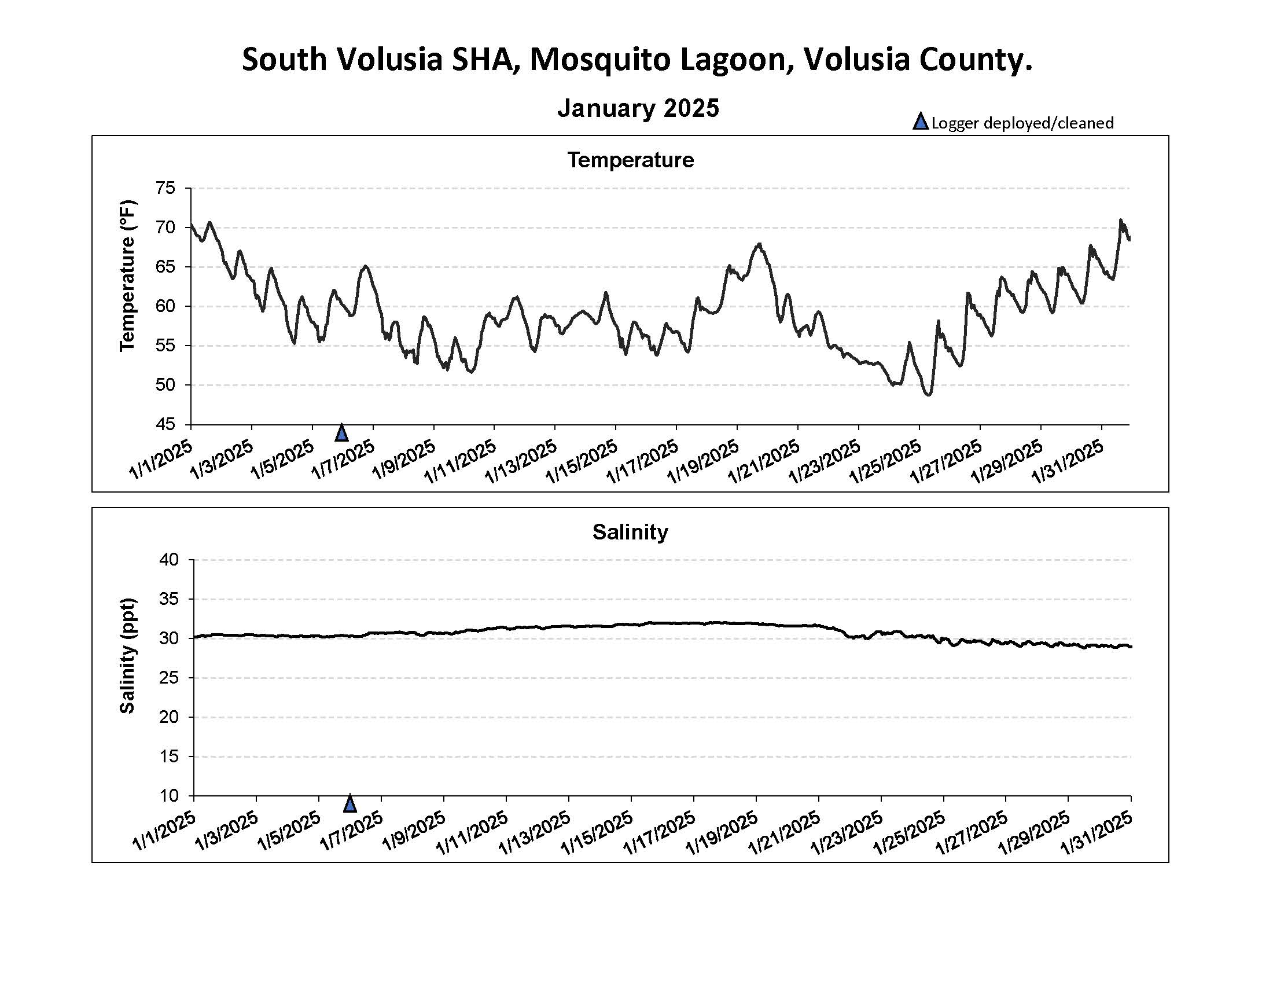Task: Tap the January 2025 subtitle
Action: coord(638,108)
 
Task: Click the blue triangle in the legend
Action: coord(921,122)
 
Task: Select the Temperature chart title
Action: coord(631,160)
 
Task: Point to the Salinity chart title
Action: coord(630,532)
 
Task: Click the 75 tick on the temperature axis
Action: coord(165,188)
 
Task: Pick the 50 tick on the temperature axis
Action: coord(165,385)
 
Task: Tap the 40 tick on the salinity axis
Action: coord(168,560)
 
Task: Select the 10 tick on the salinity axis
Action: coord(168,796)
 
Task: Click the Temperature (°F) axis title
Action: coord(127,276)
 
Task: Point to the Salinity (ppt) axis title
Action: coord(127,655)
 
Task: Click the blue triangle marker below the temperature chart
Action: coord(342,433)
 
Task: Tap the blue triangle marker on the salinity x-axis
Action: coord(349,803)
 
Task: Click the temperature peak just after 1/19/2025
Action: coord(759,244)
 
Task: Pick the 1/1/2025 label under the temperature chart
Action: coord(161,461)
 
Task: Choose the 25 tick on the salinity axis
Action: coord(168,678)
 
